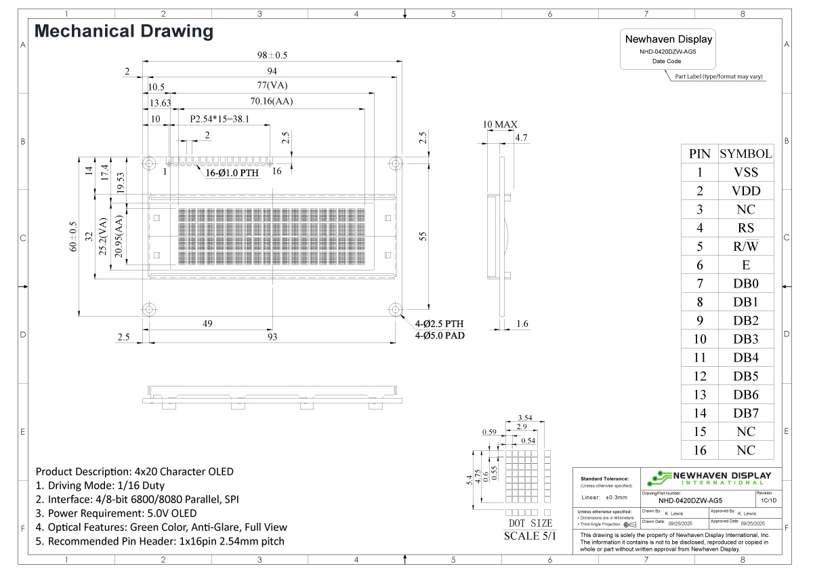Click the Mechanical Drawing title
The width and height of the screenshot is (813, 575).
123,31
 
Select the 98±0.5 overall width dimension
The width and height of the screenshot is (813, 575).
272,56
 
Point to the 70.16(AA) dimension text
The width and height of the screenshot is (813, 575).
271,102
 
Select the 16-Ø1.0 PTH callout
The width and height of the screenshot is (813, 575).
232,173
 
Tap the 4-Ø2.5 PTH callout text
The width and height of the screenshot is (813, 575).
439,323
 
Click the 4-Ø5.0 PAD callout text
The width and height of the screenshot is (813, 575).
439,335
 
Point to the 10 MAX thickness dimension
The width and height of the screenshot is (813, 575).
499,125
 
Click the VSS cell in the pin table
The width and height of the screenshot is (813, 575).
745,172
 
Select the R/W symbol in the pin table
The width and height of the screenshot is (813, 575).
745,246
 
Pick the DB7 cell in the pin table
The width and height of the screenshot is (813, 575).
745,413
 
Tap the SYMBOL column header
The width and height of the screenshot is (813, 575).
745,154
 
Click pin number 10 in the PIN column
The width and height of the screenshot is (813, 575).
699,339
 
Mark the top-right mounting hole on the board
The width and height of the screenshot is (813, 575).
395,163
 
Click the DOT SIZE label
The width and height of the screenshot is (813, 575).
530,523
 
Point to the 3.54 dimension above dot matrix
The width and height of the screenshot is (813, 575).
524,417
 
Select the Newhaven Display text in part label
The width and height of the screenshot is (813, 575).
668,39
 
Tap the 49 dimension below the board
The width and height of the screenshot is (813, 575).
207,324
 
